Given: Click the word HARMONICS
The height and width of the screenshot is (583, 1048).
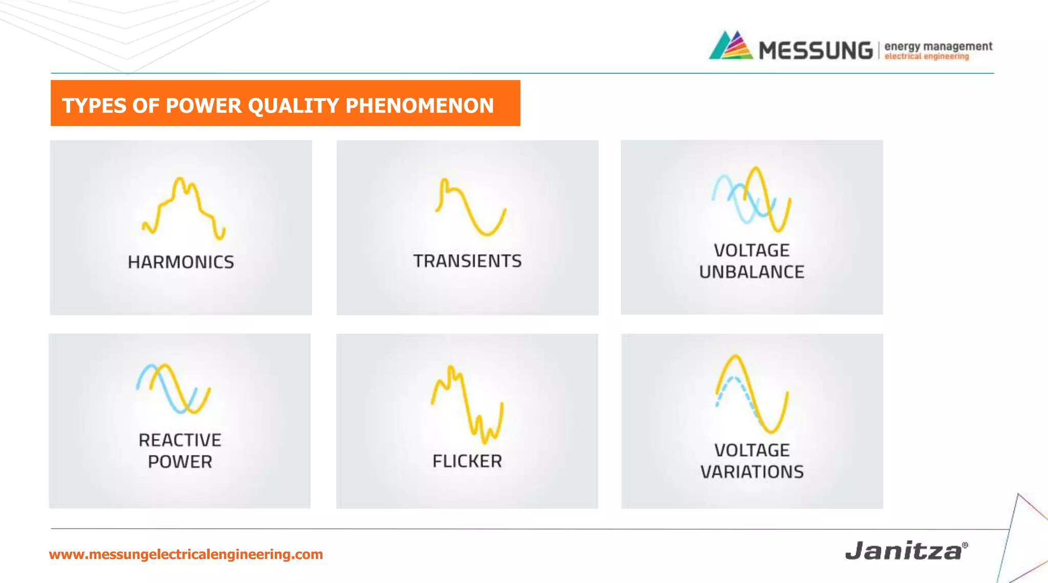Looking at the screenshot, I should [181, 262].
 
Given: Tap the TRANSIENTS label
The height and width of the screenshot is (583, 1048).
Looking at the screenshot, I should [467, 261].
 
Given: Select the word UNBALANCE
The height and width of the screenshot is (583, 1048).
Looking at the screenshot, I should [752, 272].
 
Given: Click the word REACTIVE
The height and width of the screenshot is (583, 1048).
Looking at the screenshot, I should [180, 440].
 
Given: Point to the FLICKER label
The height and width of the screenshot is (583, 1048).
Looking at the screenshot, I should [467, 461].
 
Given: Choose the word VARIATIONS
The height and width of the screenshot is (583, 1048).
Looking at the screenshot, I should [752, 472].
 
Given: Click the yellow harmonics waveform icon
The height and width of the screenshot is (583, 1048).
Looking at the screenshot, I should [184, 209].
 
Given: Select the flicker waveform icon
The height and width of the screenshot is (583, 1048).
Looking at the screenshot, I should [467, 404].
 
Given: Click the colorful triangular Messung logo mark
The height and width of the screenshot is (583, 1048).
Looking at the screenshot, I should [731, 46].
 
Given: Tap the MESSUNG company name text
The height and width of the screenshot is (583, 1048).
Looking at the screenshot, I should [816, 51].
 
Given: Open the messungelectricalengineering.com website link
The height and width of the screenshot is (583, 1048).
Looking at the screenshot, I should [186, 554].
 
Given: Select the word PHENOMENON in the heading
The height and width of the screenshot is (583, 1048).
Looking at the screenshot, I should [420, 105].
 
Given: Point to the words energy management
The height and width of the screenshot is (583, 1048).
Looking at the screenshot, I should [938, 47].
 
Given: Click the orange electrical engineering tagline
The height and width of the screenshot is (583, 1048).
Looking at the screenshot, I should [927, 57].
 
